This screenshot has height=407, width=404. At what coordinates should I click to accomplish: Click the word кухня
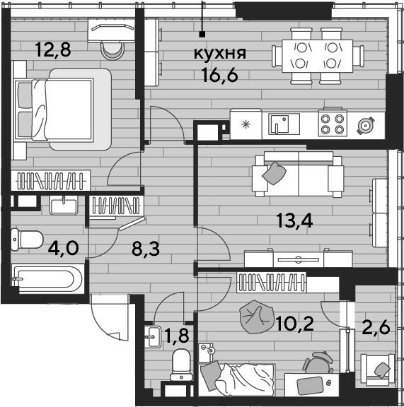[x=220, y=54]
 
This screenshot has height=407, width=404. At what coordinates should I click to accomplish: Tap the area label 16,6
[x=220, y=76]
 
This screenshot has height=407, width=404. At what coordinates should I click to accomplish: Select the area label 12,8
[x=53, y=49]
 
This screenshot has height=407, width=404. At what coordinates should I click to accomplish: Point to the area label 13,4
[x=294, y=220]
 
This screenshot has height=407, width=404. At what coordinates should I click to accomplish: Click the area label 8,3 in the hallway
[x=146, y=249]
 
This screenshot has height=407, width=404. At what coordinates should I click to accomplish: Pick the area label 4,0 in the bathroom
[x=63, y=248]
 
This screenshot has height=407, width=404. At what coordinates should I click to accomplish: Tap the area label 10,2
[x=295, y=324]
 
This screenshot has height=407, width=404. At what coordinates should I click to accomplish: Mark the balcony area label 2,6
[x=376, y=327]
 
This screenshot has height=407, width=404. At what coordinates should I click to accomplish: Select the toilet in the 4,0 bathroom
[x=27, y=240]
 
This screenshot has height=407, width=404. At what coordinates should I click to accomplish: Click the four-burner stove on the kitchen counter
[x=333, y=124]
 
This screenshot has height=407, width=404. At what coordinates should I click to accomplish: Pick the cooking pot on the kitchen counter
[x=366, y=126]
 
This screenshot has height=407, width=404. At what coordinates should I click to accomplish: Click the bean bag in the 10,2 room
[x=256, y=317]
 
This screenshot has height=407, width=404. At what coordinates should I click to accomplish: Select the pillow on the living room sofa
[x=274, y=173]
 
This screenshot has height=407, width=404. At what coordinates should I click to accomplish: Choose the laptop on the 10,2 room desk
[x=310, y=384]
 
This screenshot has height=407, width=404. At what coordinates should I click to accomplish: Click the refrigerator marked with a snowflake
[x=246, y=124]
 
